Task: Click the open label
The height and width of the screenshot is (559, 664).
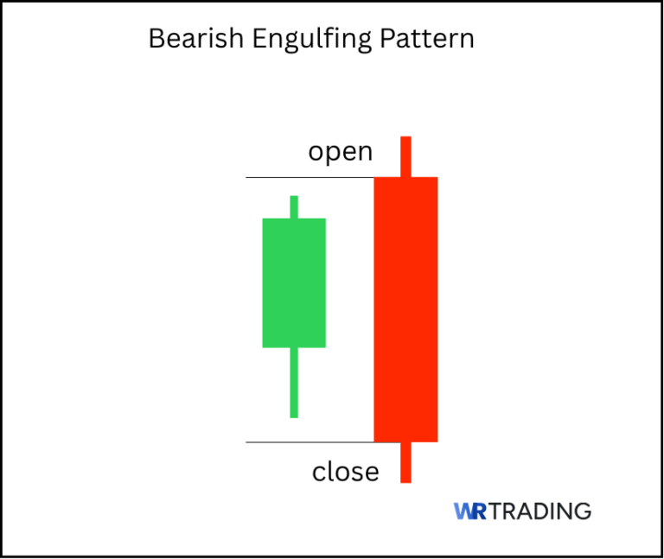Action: click(x=341, y=153)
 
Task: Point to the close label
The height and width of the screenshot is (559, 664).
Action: click(x=345, y=472)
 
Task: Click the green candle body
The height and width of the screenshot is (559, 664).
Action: click(x=294, y=283)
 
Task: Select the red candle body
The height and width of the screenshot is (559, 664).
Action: click(x=405, y=308)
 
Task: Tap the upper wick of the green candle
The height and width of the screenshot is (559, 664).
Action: click(x=294, y=206)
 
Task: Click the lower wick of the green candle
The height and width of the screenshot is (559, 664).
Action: click(x=294, y=382)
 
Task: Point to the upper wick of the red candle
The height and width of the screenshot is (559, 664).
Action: click(x=405, y=156)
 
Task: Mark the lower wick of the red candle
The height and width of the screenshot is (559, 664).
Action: click(x=405, y=462)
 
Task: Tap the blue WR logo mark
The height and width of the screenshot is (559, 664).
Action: click(x=469, y=511)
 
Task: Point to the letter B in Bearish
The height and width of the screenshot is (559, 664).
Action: click(x=156, y=39)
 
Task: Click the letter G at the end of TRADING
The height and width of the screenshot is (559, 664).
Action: click(x=584, y=511)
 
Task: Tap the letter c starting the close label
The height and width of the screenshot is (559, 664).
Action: click(x=317, y=473)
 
